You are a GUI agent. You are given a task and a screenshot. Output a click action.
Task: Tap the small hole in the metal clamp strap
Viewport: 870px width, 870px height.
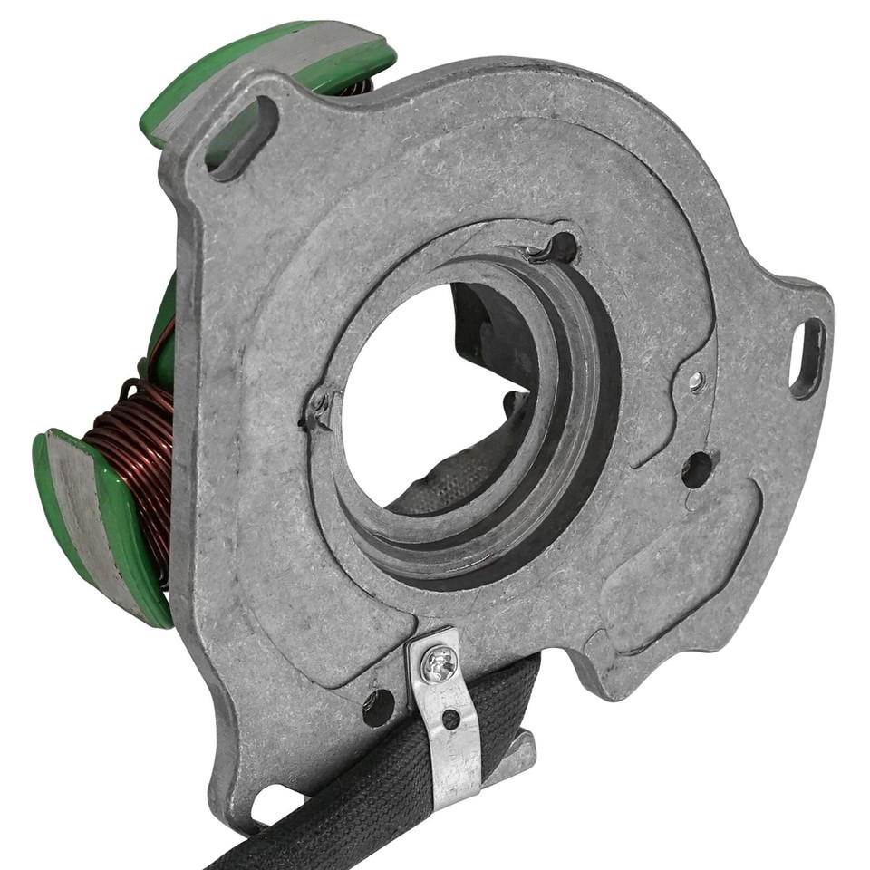(449, 720)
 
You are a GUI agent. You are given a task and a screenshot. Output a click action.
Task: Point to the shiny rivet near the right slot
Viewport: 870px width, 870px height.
(695, 382)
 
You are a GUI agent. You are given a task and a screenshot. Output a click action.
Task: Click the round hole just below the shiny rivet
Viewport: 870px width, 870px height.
(697, 469)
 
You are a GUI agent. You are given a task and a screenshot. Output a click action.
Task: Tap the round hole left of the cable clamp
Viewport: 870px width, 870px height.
(378, 707)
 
